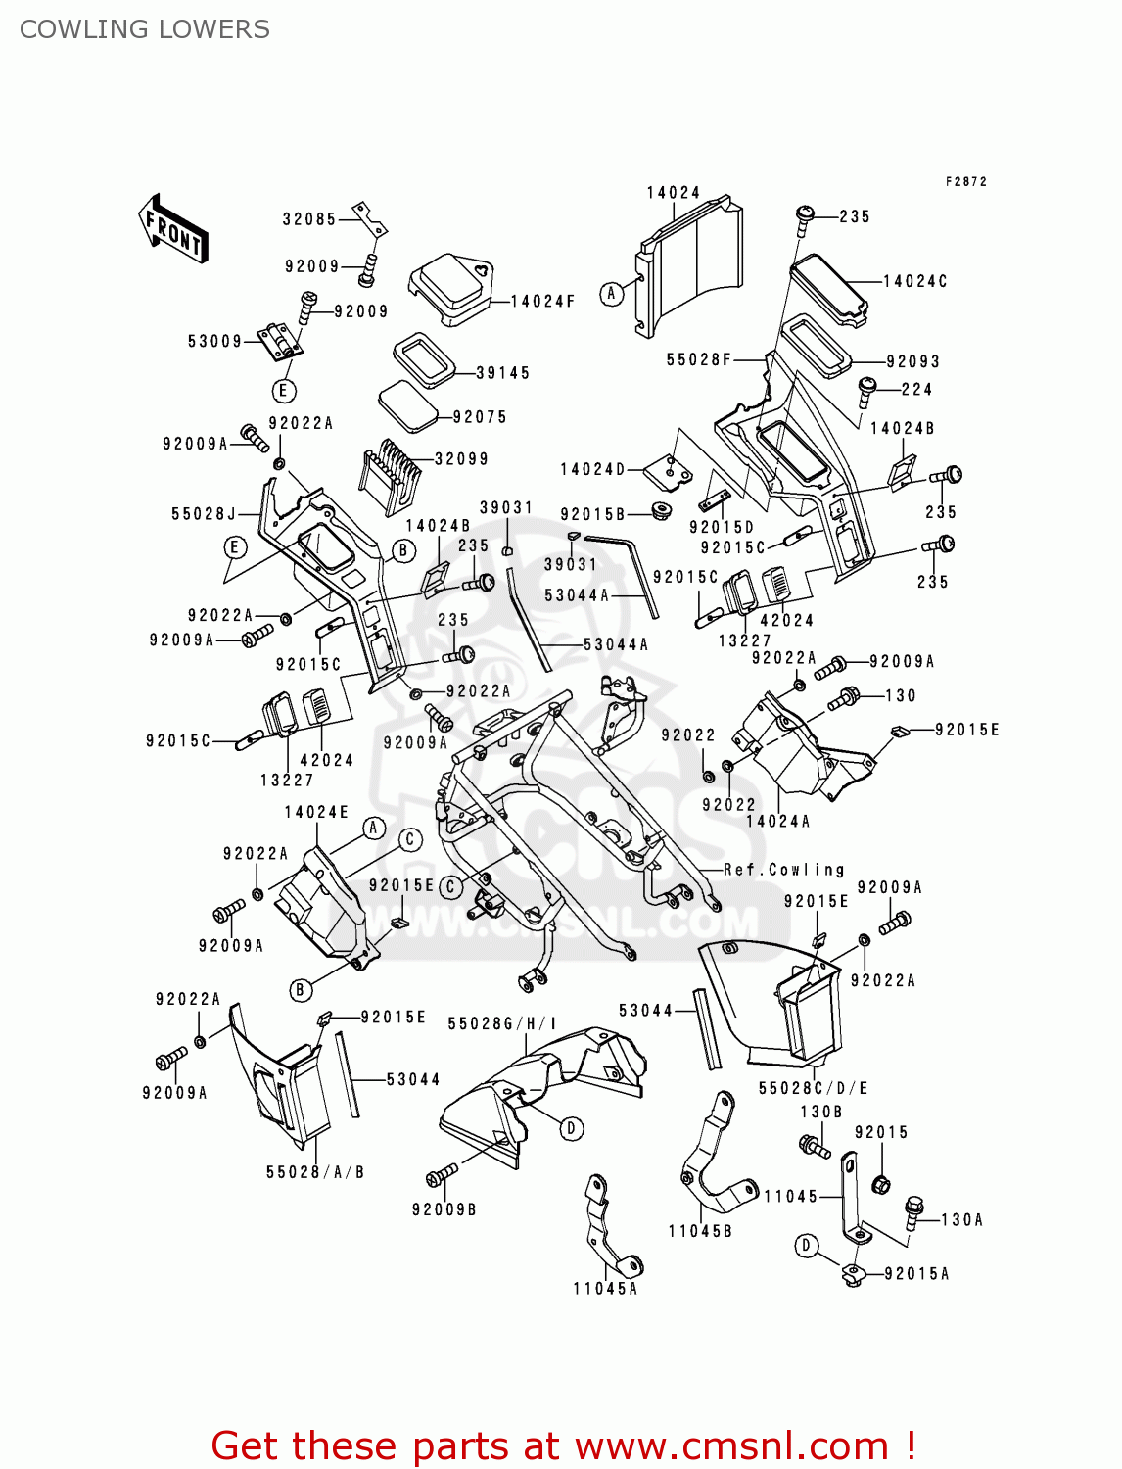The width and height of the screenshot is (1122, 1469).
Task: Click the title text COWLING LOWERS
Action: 145,29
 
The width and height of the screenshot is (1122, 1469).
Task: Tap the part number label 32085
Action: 309,219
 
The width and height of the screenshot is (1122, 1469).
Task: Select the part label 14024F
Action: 542,302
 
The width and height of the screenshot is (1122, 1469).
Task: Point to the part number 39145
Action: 503,373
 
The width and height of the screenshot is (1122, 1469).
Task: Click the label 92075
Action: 480,417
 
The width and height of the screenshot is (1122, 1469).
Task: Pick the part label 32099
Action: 461,459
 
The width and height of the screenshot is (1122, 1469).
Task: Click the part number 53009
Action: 214,342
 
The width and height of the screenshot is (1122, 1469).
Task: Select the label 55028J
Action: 204,514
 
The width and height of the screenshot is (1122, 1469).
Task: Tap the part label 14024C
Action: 915,282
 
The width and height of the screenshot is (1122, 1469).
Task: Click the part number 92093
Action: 912,362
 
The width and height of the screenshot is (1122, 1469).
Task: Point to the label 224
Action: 916,390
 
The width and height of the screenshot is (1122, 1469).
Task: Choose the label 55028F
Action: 699,360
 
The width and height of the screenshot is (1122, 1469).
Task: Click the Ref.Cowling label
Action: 784,870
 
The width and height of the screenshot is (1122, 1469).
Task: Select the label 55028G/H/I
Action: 502,1024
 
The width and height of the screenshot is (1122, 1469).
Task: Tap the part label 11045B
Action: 700,1231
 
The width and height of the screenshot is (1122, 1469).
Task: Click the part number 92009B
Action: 444,1210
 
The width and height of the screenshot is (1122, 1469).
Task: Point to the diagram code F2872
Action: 966,182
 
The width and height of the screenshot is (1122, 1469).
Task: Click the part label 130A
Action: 961,1220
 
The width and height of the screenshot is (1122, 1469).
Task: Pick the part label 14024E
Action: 316,813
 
